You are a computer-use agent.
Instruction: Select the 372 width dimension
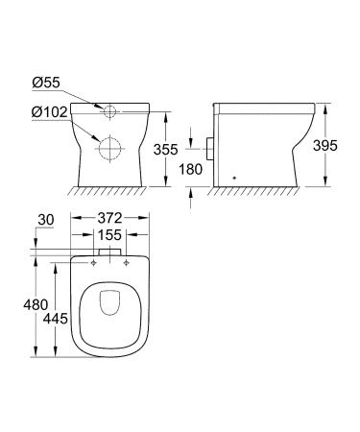click(x=113, y=220)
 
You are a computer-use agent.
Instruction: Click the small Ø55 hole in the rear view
click(x=112, y=111)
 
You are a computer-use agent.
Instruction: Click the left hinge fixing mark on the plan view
click(x=95, y=261)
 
